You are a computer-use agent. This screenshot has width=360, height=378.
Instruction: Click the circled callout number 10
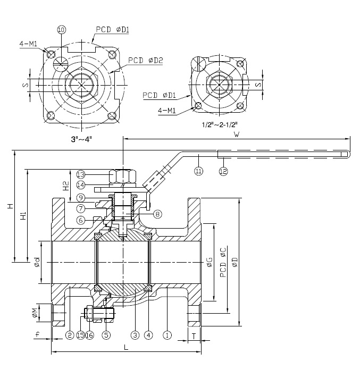(61, 30)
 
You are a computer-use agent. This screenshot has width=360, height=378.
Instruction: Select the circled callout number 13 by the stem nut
(81, 174)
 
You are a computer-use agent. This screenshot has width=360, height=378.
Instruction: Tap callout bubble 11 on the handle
(199, 171)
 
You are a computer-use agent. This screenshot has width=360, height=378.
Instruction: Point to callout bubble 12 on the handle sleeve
(223, 171)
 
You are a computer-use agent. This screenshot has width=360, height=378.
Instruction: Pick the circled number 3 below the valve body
(135, 335)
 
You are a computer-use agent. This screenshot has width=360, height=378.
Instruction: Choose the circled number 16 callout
(90, 335)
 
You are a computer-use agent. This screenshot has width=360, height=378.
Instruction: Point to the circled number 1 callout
(167, 335)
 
